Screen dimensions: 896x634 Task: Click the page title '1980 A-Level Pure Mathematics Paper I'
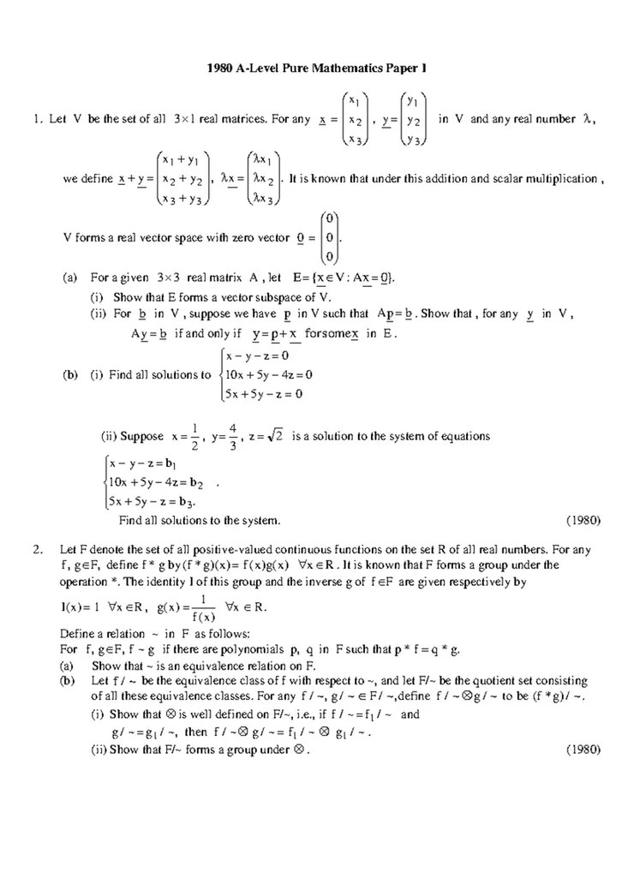point(316,66)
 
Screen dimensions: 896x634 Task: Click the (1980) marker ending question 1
point(584,520)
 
